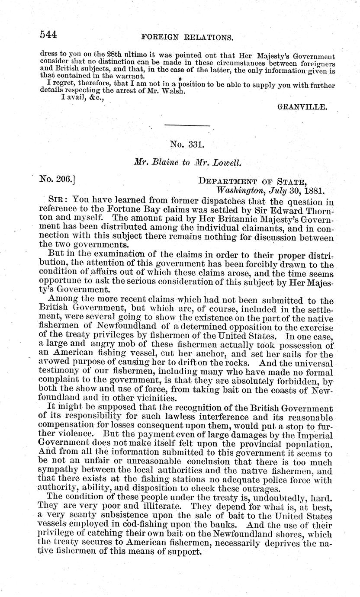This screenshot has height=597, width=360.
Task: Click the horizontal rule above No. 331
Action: tap(187, 126)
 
